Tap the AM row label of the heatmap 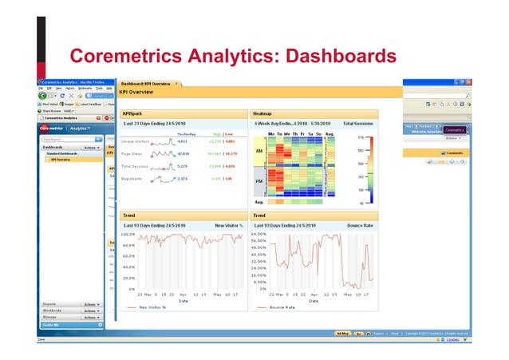(x=258, y=149)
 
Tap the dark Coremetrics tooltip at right (x=454, y=129)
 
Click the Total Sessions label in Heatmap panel (x=358, y=124)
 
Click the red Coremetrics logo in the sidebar (x=52, y=128)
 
